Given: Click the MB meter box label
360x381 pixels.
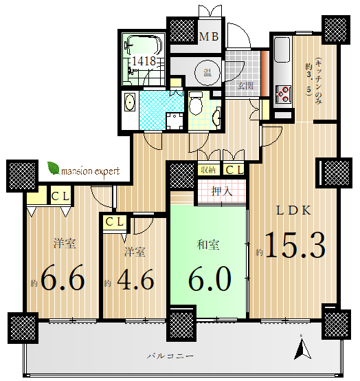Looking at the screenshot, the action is tap(209, 36).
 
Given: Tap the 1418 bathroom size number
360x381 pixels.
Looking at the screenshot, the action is tap(144, 61).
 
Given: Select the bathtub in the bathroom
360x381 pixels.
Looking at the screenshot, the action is tap(144, 45).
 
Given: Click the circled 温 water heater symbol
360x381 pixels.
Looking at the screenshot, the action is tap(207, 72).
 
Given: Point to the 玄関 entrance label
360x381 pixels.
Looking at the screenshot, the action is tap(245, 85).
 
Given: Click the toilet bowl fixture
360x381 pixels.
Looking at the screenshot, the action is tap(196, 103).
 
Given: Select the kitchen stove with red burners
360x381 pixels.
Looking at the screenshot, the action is tap(283, 94).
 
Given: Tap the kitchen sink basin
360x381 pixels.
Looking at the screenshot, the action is tap(282, 50).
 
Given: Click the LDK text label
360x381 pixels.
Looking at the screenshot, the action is tap(293, 210).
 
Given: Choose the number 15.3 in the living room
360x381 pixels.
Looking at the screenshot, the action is tap(295, 245).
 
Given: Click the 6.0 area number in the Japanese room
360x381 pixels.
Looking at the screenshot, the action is tap(210, 279).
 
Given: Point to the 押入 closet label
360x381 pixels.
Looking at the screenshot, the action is tap(221, 191).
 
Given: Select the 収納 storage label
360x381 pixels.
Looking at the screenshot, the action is tap(208, 170).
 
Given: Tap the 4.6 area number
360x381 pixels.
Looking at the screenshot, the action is tap(135, 279).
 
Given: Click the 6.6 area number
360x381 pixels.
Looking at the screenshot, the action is tap(63, 277).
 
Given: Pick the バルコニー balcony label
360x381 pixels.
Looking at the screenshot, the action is tap(170, 356).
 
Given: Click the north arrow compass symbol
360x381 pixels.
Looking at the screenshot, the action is tap(302, 347).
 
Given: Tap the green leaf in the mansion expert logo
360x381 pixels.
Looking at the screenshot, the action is tap(54, 168).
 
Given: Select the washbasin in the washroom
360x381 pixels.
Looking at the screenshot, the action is tap(130, 102).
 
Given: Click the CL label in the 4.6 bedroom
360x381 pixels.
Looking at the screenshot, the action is tap(115, 222).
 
